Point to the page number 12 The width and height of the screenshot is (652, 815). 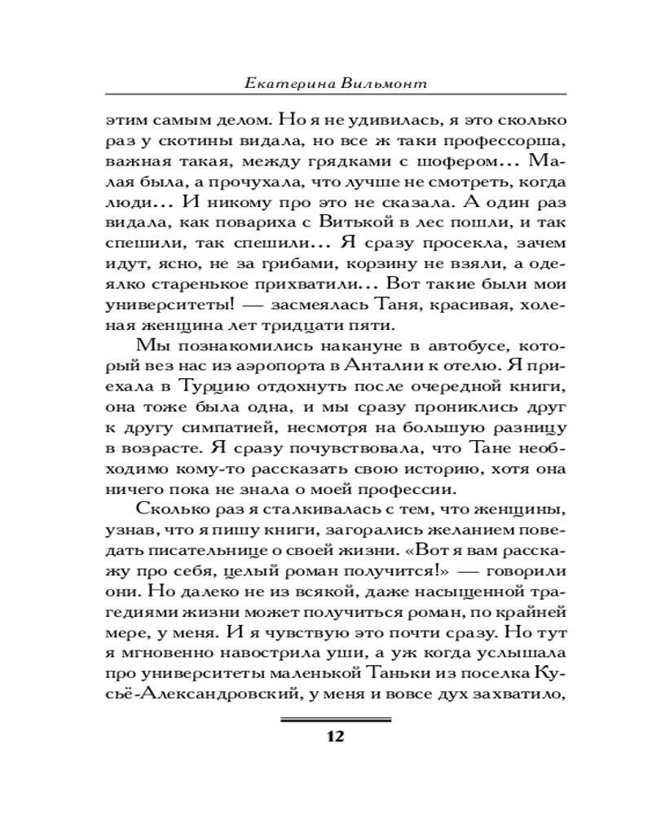click(x=336, y=737)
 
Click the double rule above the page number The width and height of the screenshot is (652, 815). click(x=336, y=720)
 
